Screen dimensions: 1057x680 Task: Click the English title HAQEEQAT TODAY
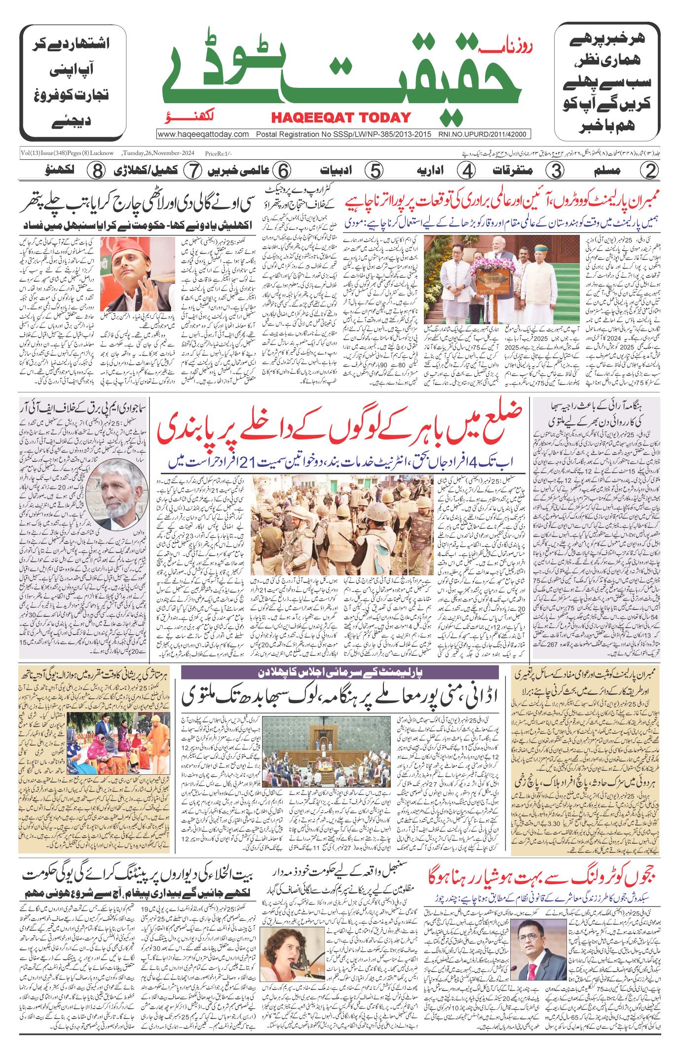click(x=340, y=117)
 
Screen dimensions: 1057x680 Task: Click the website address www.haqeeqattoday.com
click(x=203, y=134)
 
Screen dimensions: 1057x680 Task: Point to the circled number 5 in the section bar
click(x=374, y=171)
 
